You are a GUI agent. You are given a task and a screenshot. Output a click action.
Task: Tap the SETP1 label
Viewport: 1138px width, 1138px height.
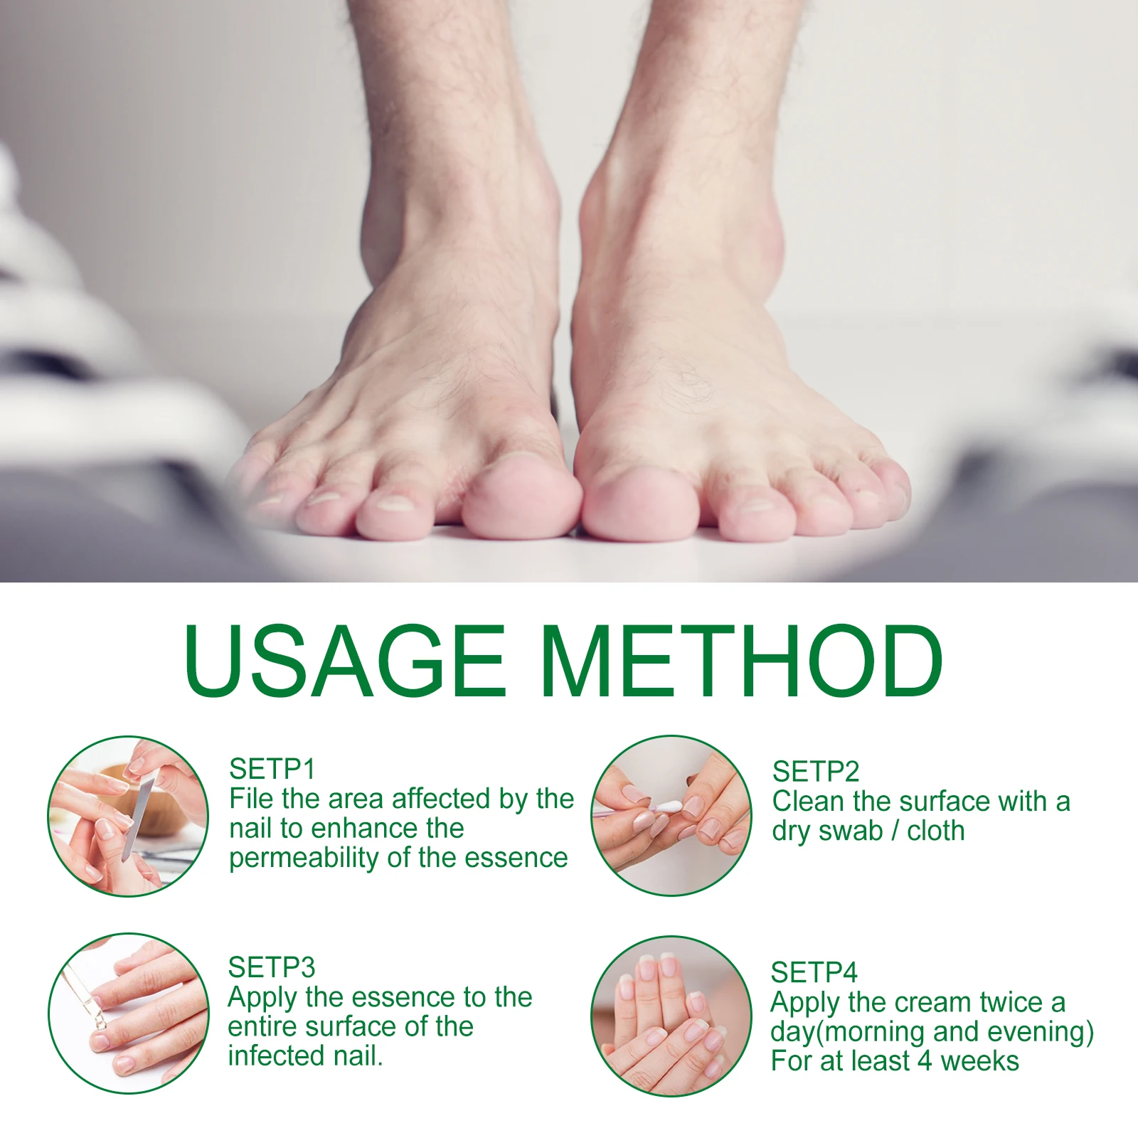tap(272, 769)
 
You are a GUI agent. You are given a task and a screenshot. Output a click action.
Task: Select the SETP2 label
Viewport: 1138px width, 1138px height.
tap(815, 772)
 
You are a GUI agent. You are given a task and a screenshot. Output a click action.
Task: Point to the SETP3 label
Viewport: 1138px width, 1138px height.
tap(271, 967)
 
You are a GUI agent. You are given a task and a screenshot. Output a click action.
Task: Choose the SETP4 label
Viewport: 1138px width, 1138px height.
tap(814, 972)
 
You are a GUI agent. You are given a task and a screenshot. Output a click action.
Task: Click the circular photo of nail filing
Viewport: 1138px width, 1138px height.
tap(128, 816)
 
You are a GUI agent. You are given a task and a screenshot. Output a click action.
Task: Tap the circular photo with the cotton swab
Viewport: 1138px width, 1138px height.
tap(671, 816)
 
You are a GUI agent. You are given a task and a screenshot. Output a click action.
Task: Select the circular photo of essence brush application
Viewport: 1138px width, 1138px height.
tap(128, 1014)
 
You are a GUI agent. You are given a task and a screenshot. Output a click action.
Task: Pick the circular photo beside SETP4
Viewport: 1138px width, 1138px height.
tap(671, 1016)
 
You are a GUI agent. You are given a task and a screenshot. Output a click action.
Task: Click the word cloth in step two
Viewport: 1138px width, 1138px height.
tap(935, 831)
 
